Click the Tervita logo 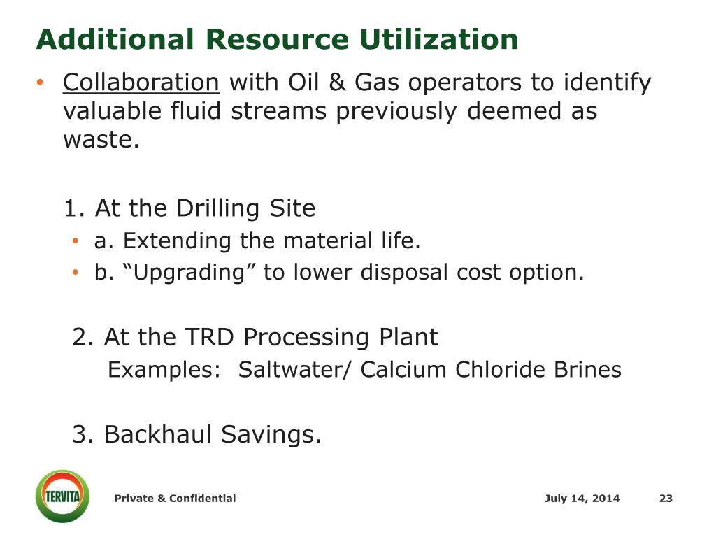click(62, 496)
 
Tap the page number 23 click(665, 499)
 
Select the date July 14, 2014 click(582, 499)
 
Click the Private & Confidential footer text click(175, 499)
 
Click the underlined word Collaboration click(141, 83)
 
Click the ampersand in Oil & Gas click(337, 83)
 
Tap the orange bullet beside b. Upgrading click(76, 273)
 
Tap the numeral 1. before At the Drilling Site click(74, 208)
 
